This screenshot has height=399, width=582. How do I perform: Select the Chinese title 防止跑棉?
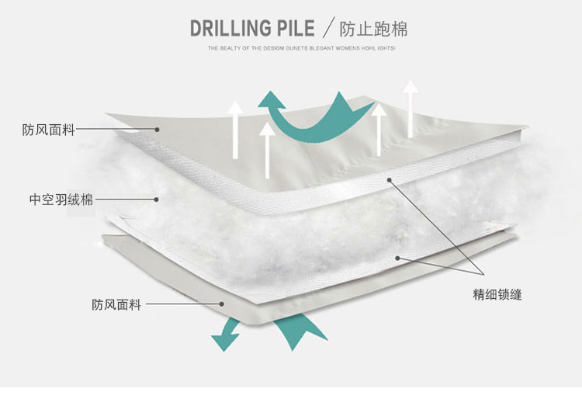[x=374, y=29]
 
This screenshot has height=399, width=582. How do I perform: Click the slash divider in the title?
[x=328, y=29]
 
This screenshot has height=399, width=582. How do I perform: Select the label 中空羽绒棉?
[x=61, y=199]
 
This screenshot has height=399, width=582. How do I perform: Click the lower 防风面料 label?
[x=116, y=305]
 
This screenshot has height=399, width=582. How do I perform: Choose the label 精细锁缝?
[x=497, y=296]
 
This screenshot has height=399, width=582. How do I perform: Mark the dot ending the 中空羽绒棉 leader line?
[x=156, y=199]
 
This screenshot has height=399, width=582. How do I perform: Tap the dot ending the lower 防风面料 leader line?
[x=222, y=305]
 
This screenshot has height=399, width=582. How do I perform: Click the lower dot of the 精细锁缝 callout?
[x=397, y=258]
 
